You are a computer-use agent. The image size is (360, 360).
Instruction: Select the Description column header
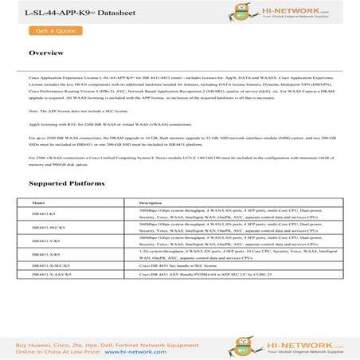click(x=151, y=204)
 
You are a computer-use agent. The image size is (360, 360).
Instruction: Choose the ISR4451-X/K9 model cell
click(x=45, y=253)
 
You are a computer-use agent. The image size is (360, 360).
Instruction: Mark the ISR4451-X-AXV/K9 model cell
click(x=50, y=273)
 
